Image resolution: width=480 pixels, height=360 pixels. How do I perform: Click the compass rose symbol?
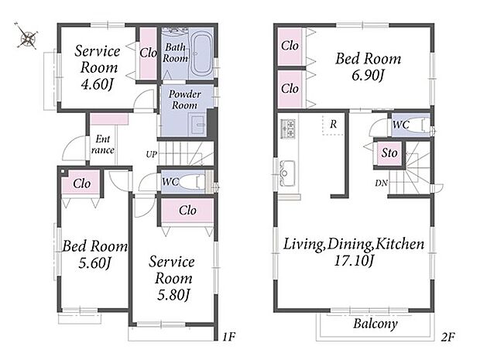27,36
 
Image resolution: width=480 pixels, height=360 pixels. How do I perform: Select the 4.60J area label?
97,84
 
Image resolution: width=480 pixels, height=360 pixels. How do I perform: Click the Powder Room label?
184,100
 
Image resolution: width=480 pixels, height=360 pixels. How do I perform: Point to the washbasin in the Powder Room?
198,124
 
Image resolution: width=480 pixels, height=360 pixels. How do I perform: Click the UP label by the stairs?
151,155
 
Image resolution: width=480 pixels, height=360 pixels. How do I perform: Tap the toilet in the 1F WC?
191,181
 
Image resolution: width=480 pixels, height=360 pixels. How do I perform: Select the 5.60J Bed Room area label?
94,263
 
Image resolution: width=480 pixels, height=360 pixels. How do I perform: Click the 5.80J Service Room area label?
173,295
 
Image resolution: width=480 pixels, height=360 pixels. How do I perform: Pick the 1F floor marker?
228,337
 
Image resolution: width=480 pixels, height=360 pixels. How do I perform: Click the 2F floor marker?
447,337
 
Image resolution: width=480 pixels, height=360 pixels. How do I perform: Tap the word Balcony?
375,324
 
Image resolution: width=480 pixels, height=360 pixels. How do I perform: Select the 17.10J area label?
354,261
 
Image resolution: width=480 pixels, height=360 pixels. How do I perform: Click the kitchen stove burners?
288,129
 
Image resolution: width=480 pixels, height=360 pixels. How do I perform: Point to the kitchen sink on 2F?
287,173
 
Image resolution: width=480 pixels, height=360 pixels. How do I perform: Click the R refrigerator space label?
333,125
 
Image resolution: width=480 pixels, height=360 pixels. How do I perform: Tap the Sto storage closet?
389,153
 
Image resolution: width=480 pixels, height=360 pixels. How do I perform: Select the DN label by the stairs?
381,183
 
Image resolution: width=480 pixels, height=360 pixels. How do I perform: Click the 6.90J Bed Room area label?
367,75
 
